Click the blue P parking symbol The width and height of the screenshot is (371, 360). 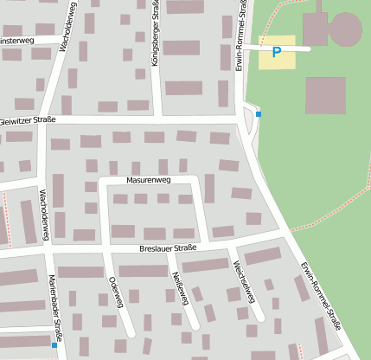tap(277, 53)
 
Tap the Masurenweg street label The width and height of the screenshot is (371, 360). tap(149, 180)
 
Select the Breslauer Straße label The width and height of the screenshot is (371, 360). tap(168, 248)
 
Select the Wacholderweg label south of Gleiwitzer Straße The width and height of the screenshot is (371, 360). tap(44, 211)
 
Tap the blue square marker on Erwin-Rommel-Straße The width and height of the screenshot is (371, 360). tap(258, 114)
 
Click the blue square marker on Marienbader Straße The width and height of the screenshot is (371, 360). tap(54, 344)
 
